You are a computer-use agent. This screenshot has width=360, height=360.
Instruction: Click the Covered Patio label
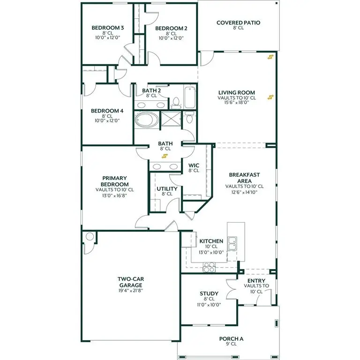pos(238,22)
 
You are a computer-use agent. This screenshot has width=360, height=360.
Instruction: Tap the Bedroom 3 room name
pos(107,28)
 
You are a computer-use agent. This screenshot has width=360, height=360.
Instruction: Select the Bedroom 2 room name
pos(171,29)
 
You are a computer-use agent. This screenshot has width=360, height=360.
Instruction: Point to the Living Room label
pos(237,93)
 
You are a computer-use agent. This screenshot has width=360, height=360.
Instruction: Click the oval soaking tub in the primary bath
pos(147,120)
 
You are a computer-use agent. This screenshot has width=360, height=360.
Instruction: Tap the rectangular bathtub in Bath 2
pos(190,96)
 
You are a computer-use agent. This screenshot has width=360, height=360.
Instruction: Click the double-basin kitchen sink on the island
pos(232,243)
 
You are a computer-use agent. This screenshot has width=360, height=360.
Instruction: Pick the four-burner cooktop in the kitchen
pos(209,268)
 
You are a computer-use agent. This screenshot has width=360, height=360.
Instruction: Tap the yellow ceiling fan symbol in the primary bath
pos(165,156)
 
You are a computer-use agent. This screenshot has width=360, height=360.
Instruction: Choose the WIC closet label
pos(194,165)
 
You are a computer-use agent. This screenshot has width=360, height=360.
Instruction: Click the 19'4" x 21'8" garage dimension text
pos(130,291)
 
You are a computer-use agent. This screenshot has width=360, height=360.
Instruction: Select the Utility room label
pos(167,189)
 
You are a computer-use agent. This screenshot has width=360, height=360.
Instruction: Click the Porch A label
pos(232,338)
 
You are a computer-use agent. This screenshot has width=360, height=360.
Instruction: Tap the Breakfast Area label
pos(244,178)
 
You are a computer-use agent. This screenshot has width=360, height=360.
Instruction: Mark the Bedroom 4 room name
pos(107,111)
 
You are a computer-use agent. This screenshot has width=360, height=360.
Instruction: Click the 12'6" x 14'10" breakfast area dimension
pos(244,191)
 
